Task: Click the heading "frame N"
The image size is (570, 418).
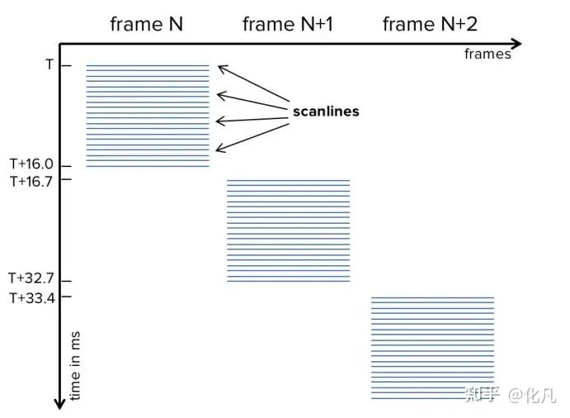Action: (147, 24)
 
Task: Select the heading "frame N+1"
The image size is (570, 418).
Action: (286, 24)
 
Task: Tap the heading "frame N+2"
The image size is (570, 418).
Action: (430, 24)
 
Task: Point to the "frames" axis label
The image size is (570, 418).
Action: (488, 55)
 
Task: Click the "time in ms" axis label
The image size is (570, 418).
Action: (75, 367)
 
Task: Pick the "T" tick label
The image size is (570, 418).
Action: (49, 64)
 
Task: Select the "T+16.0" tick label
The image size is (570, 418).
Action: (31, 164)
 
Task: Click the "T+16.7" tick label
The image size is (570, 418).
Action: (31, 179)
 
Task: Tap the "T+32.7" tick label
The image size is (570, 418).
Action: (31, 278)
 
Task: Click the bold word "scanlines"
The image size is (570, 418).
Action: (326, 111)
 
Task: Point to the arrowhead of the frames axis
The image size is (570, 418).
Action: (516, 43)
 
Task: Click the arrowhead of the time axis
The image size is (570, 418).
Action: (59, 403)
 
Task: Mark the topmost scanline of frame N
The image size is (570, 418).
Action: (148, 64)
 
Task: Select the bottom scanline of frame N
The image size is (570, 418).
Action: (148, 167)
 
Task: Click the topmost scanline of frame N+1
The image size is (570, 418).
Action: (288, 180)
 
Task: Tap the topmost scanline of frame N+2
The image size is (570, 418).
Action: (432, 297)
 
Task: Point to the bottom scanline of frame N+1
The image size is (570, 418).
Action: (288, 282)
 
